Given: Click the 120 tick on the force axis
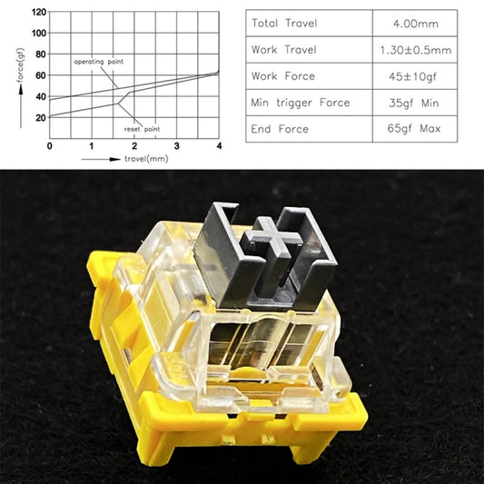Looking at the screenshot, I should pyautogui.click(x=37, y=12).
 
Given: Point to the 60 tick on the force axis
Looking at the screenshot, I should pyautogui.click(x=39, y=75).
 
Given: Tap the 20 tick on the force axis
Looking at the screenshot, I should pyautogui.click(x=39, y=118).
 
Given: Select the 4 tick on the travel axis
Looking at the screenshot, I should pyautogui.click(x=219, y=146).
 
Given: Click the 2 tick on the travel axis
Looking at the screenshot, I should pyautogui.click(x=134, y=146).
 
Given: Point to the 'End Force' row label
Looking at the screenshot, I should pyautogui.click(x=281, y=129).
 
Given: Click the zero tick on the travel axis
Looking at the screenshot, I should pyautogui.click(x=49, y=146).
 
